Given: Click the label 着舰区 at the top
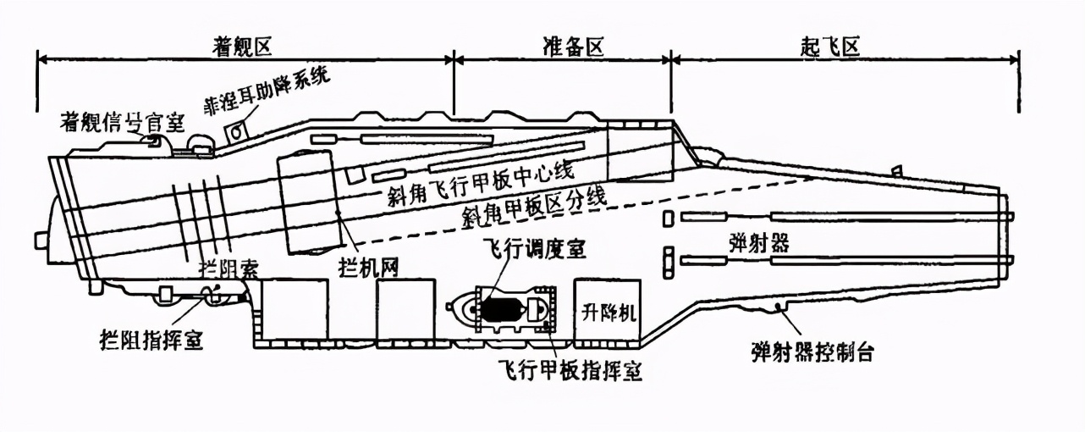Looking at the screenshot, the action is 242,47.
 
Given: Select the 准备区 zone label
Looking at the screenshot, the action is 572,47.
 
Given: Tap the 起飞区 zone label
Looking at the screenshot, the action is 830,47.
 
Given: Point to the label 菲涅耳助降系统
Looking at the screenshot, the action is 266,88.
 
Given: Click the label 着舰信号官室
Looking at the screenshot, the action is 123,122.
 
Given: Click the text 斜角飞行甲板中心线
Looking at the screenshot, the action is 480,184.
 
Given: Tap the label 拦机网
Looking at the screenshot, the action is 369,267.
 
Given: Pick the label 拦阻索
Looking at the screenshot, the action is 229,269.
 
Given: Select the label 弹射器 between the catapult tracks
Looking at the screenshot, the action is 759,242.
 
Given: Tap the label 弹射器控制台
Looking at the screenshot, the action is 812,352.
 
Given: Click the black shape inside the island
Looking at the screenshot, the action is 500,309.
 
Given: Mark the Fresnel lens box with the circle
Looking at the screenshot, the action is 236,131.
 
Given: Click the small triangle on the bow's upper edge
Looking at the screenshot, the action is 896,169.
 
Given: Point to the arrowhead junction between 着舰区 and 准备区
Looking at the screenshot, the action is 454,59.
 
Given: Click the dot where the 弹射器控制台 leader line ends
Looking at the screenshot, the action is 778,306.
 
